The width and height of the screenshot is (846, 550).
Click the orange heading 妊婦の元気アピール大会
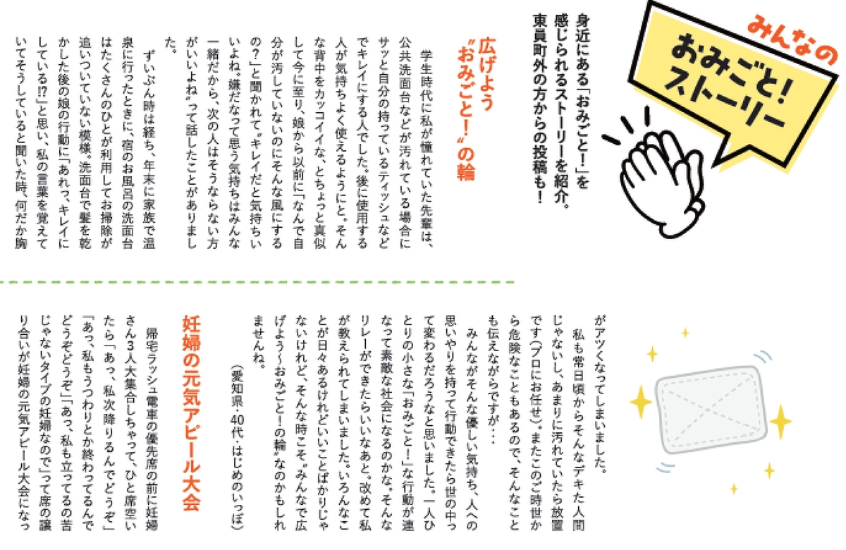pos(192,413)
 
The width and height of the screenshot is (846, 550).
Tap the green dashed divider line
pos(257,282)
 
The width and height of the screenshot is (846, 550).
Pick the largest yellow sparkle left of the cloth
pos(641,402)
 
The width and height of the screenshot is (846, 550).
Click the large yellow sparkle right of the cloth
pos(780,422)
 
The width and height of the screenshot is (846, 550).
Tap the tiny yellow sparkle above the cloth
pos(685,333)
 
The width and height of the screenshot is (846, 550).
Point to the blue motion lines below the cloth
pos(666,468)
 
